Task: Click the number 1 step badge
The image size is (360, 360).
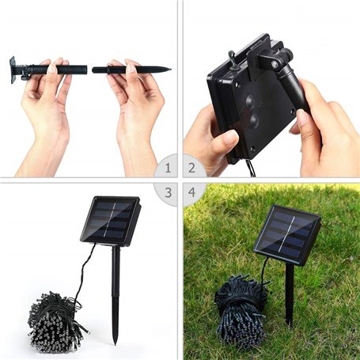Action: (x=166, y=168)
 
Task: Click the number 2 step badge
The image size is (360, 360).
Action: (x=192, y=168)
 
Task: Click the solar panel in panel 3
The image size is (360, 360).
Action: (x=110, y=219)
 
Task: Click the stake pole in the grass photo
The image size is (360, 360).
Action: (x=290, y=293)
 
